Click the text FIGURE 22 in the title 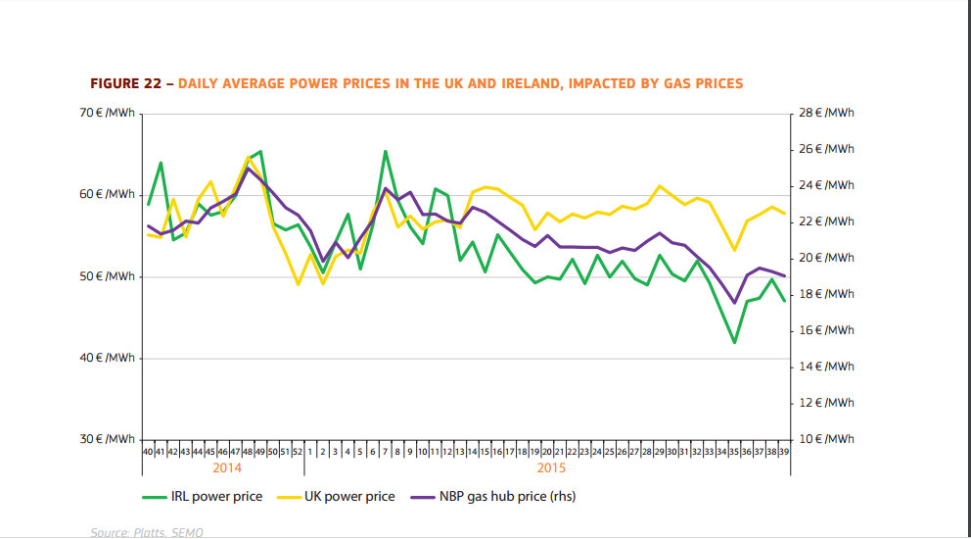click(x=126, y=83)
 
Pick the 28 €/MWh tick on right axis click(x=826, y=114)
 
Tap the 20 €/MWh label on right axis click(x=826, y=258)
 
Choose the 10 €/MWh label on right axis click(x=826, y=439)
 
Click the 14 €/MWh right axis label click(x=826, y=367)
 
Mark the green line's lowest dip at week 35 click(x=734, y=342)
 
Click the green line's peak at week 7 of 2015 click(x=385, y=151)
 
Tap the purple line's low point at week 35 click(x=734, y=303)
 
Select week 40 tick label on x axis click(x=148, y=452)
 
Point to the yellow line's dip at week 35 click(x=734, y=250)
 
